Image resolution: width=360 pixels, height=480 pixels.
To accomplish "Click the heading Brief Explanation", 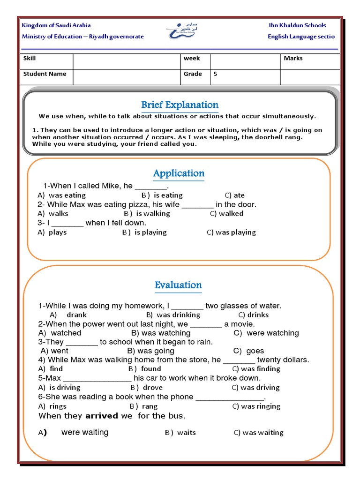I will click(x=180, y=105).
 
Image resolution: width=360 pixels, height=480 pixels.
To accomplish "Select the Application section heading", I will click(x=179, y=173).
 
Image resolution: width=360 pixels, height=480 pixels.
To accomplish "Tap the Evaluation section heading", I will click(x=178, y=285).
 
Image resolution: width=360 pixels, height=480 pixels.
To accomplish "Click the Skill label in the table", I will click(x=30, y=59).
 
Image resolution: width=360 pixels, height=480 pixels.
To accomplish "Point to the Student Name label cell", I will click(x=45, y=74).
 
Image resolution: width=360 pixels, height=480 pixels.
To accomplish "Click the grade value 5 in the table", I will click(x=216, y=74).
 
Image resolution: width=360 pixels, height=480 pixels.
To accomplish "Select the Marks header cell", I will click(x=293, y=59).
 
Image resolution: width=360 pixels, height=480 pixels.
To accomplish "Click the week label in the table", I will click(x=191, y=59).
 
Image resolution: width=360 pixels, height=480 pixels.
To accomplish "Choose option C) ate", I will click(x=234, y=195).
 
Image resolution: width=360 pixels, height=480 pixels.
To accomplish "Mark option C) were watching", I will click(x=266, y=333).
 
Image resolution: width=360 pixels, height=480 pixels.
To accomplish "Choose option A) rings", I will click(x=52, y=406).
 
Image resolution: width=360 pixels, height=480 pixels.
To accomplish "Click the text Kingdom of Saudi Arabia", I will click(x=56, y=25).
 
